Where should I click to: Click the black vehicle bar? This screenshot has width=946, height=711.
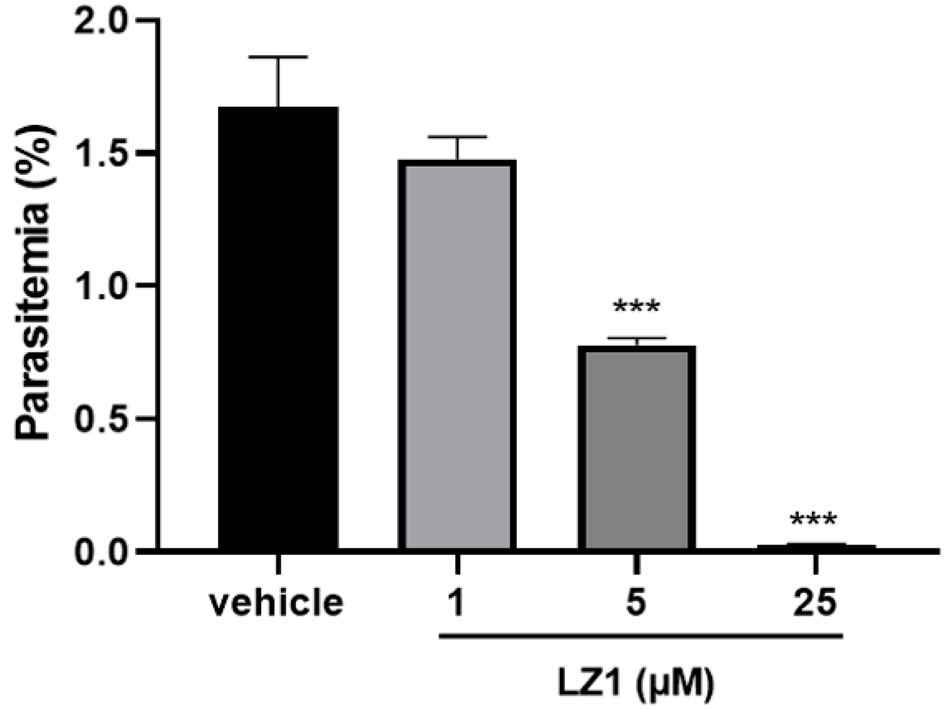pos(278,328)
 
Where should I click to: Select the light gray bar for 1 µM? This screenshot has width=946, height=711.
pos(457,355)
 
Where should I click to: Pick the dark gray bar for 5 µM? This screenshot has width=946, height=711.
pos(637,448)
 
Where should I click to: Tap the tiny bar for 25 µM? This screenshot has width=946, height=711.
pos(816,546)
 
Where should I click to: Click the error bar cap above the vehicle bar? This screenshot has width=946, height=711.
pos(278,57)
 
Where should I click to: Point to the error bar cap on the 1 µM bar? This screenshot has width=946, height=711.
pos(457,137)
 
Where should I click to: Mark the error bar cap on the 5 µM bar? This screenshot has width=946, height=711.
pos(637,338)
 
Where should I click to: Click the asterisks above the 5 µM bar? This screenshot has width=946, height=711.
pos(637,307)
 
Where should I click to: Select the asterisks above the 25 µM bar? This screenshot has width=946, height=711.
pos(814,519)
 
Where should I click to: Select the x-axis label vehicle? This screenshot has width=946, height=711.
pos(277,603)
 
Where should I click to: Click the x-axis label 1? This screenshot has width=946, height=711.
pos(457,603)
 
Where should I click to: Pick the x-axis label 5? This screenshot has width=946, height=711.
pos(637,603)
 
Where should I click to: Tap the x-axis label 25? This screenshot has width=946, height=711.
pos(815,603)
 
